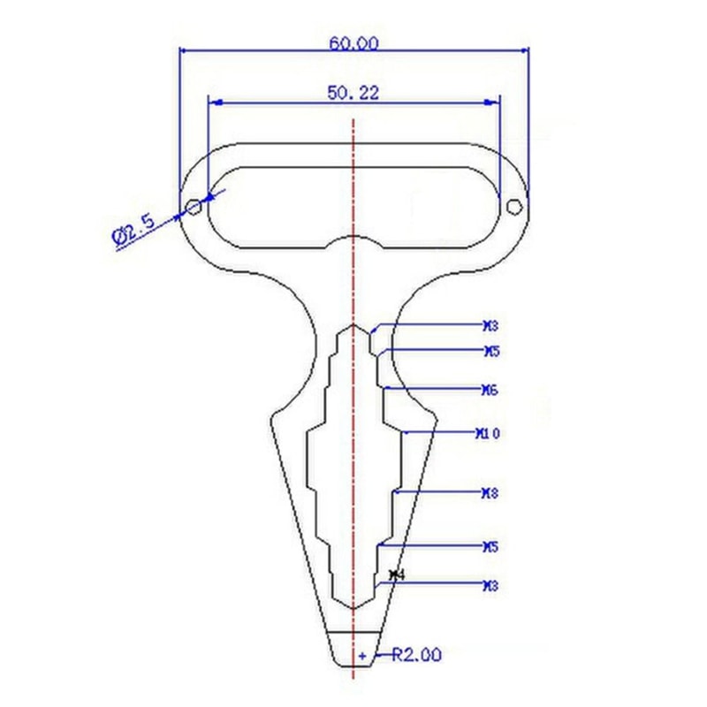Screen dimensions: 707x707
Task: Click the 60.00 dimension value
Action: pos(353,42)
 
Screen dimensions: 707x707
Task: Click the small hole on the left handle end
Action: pos(194,208)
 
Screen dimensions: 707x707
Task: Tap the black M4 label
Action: pos(396,575)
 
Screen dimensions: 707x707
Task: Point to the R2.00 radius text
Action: pos(416,655)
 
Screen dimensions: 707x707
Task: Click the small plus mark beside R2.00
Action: pos(361,657)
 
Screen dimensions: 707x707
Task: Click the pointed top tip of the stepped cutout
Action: pos(353,324)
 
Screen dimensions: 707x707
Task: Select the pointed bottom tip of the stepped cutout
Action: pos(353,609)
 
